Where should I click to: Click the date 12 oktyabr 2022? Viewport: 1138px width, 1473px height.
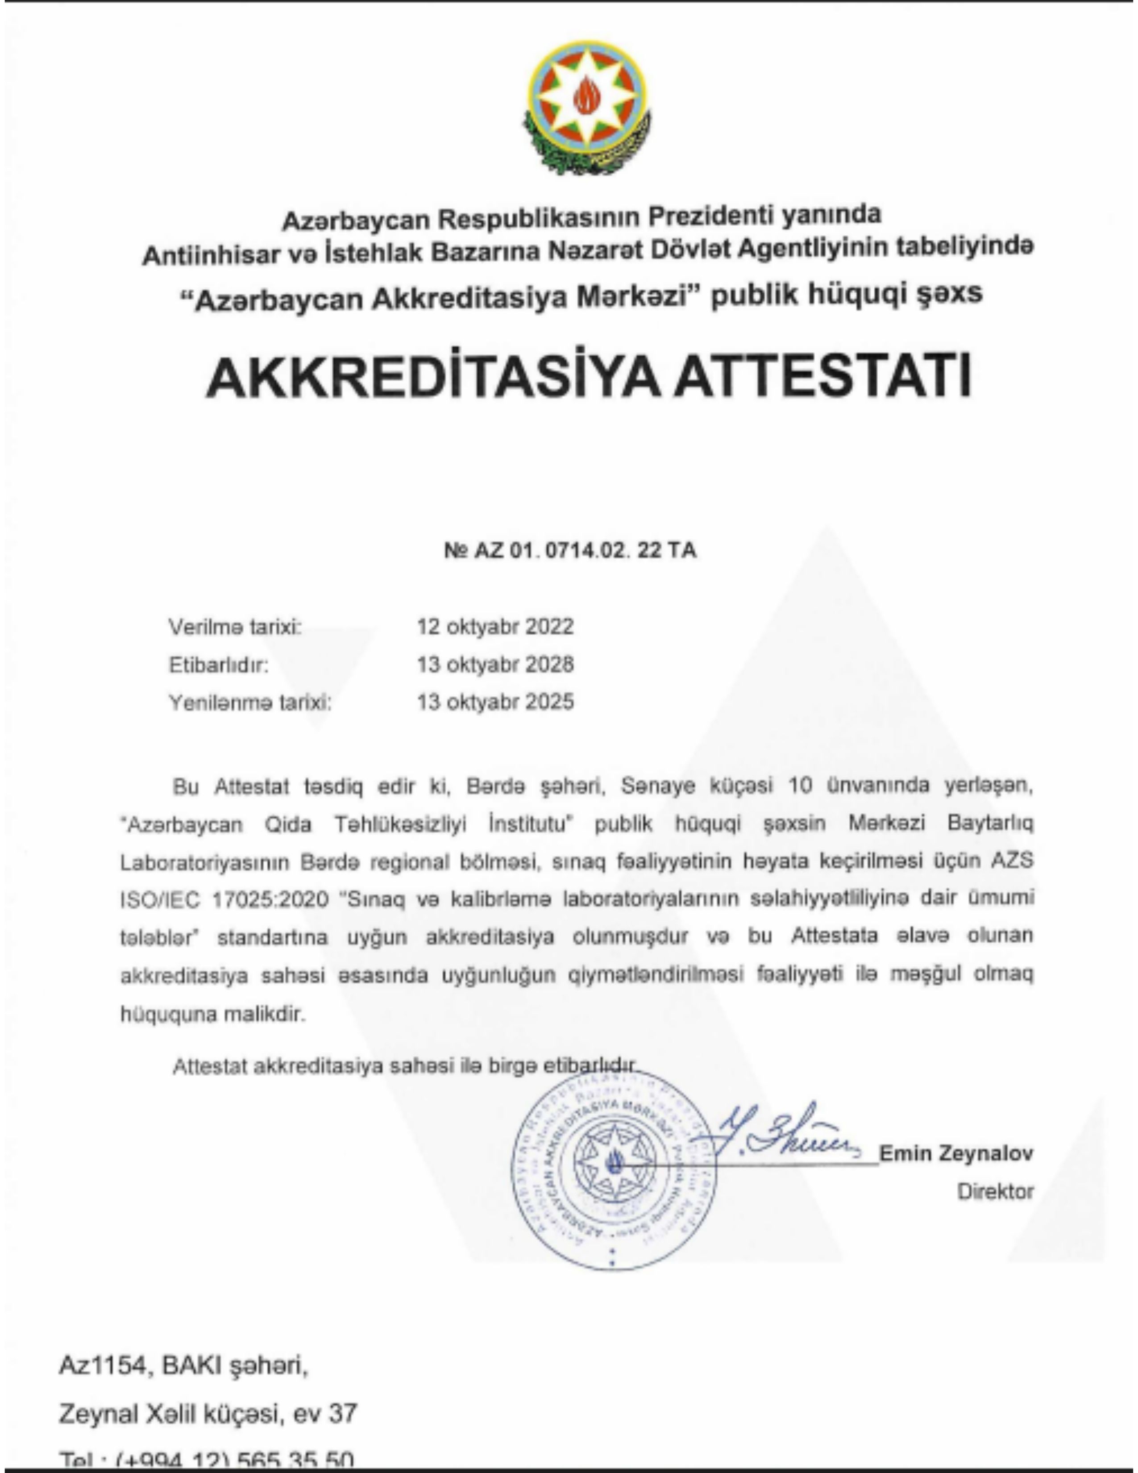(x=495, y=627)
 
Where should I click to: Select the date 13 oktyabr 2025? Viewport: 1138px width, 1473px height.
(x=495, y=702)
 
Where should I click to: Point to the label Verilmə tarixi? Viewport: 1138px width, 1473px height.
(x=235, y=627)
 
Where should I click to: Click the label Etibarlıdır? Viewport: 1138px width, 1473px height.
(x=218, y=665)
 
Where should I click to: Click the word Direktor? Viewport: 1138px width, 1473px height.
(x=995, y=1192)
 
